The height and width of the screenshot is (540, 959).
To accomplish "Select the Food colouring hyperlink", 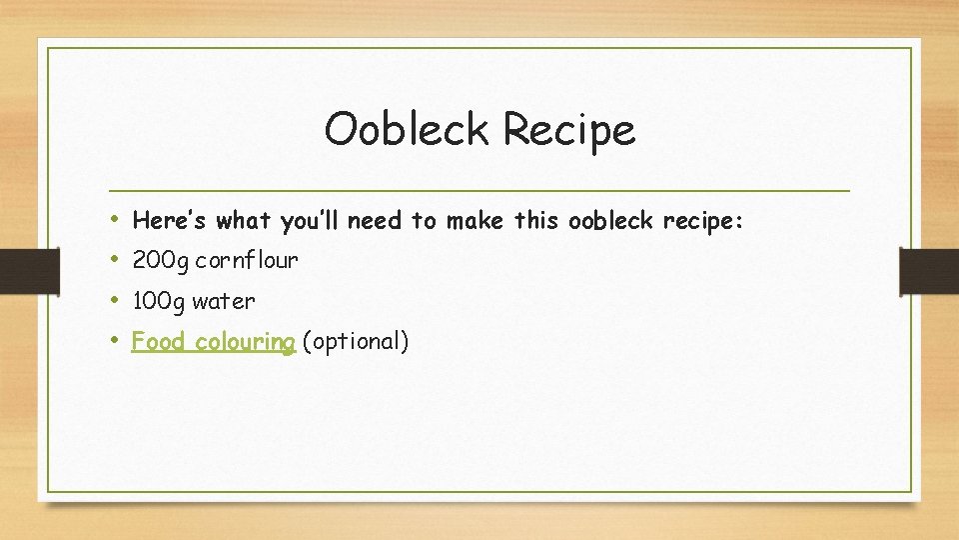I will coord(213,342).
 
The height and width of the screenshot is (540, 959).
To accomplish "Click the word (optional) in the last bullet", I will coord(355,342).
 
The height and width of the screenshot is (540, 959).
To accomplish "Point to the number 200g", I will coord(160,262).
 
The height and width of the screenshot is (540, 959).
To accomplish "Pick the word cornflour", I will coord(247,261).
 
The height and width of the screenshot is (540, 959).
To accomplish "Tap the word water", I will coord(224,301).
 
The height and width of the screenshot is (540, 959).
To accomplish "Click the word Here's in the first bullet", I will coord(171,220).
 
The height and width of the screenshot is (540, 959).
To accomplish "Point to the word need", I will coord(376,220).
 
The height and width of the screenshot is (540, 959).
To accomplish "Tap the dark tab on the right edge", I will coord(929,271).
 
